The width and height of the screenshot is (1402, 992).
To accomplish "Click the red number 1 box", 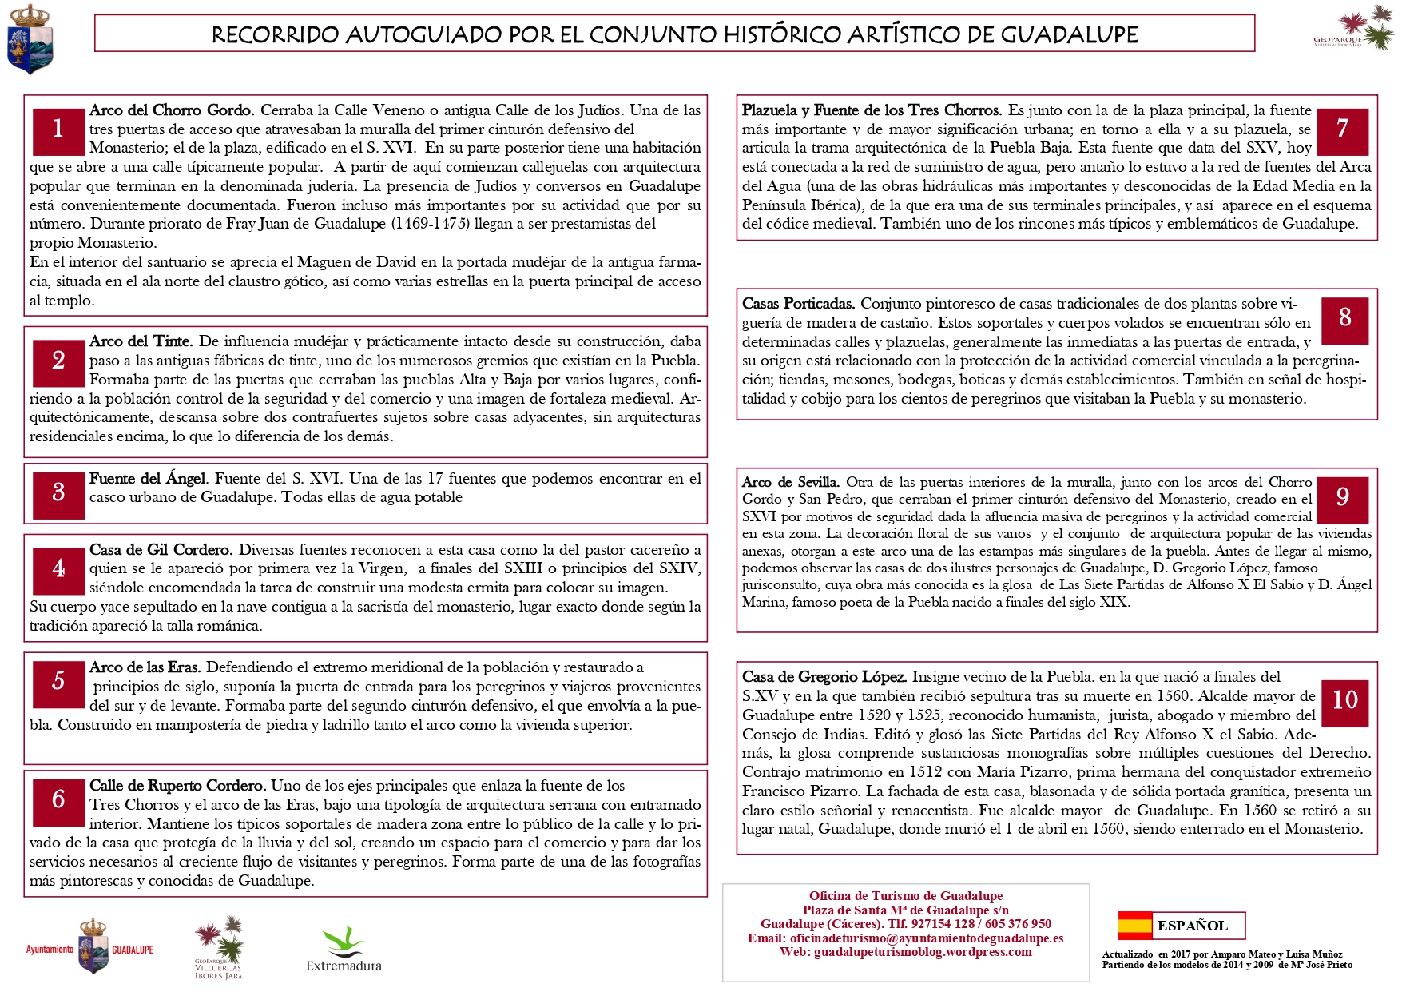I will tap(58, 130).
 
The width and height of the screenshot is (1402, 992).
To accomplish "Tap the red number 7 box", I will tap(1342, 130).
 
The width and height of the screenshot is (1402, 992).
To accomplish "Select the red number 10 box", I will tap(1344, 701).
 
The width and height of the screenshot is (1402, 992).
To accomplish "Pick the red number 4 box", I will tap(58, 570).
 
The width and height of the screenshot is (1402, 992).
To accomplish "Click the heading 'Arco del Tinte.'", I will tap(141, 341).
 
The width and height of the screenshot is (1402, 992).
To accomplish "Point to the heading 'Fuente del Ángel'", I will tap(148, 479).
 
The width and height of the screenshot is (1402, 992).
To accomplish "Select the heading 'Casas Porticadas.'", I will tap(798, 304).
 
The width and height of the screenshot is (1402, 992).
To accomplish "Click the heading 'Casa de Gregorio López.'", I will tap(824, 677).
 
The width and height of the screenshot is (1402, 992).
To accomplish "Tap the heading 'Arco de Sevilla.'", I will tap(790, 482).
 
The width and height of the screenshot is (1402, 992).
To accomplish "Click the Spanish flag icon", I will tap(1134, 925).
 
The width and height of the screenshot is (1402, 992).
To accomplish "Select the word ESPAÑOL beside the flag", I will tap(1192, 926).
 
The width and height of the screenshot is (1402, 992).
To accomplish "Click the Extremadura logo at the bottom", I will tap(344, 950).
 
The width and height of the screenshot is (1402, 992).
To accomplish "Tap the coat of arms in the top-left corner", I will tap(29, 39).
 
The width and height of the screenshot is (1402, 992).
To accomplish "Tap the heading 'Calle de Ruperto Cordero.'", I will tap(177, 786).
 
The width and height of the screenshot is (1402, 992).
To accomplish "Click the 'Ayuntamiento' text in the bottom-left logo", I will tap(50, 950).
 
